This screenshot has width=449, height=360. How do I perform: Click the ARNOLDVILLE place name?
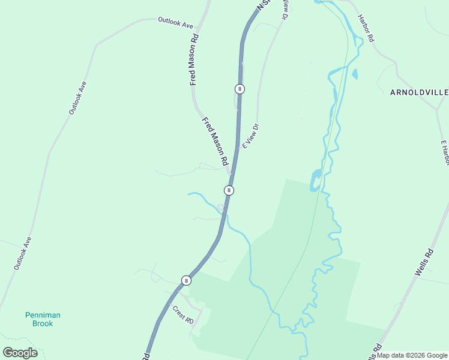pos(418,92)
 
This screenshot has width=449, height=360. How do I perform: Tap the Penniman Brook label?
pos(43,319)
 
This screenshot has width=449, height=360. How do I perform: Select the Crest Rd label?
pos(182,315)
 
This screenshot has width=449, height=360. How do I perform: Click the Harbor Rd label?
pos(366,28)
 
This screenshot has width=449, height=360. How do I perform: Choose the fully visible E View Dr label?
pos(251,136)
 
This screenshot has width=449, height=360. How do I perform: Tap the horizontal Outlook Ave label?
pos(175,23)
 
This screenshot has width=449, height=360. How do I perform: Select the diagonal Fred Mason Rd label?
pos(215,142)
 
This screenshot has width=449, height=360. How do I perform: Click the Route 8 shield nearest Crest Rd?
pos(187,280)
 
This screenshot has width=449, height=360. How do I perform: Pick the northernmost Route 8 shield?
pos(240,89)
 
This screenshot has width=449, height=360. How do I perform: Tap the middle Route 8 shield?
pos(229,190)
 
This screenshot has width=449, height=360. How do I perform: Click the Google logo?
pos(20,353)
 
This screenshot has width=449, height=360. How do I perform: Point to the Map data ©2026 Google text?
pos(412,355)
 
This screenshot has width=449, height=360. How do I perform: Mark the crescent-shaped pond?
pos(315,180)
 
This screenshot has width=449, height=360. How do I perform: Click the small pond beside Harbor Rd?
pos(355,74)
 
